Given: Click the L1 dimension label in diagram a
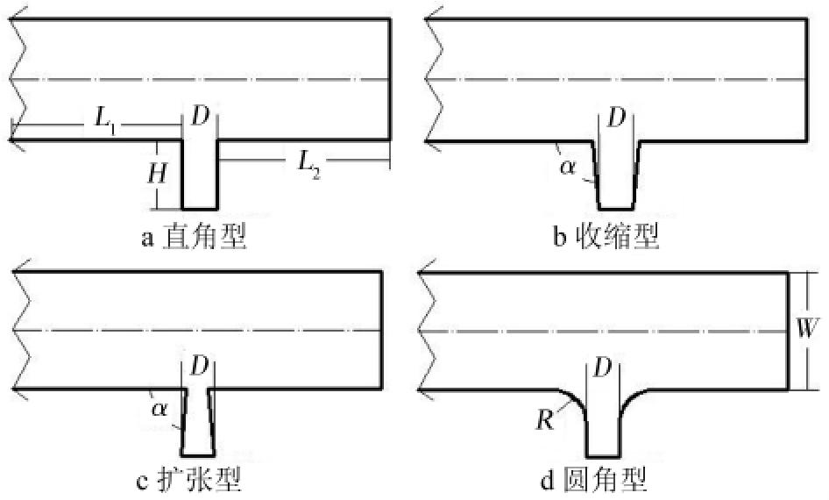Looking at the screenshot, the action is click(x=106, y=121).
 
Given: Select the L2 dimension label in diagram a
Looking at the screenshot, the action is click(x=309, y=164).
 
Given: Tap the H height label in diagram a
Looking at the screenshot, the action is click(x=157, y=173).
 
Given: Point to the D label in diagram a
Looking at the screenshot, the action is click(x=200, y=116).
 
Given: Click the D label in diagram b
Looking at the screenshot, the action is click(x=616, y=118).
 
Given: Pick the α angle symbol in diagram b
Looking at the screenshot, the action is click(x=567, y=168).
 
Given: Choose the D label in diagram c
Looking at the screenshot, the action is click(x=199, y=365).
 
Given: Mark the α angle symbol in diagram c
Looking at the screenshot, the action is click(x=159, y=409).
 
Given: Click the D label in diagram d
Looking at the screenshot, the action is click(x=603, y=367).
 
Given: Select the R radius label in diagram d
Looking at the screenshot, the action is click(x=545, y=420).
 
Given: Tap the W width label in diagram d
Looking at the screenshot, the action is click(x=807, y=328).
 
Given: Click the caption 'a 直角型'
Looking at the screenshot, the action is click(x=194, y=237).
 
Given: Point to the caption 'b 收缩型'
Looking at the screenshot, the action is click(x=606, y=236).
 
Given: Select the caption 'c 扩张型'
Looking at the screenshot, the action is click(x=189, y=480).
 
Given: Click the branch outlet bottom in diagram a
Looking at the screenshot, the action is click(x=199, y=209).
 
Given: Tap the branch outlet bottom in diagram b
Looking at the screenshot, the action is click(x=616, y=209).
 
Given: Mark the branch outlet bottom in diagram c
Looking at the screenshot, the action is click(x=198, y=455).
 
